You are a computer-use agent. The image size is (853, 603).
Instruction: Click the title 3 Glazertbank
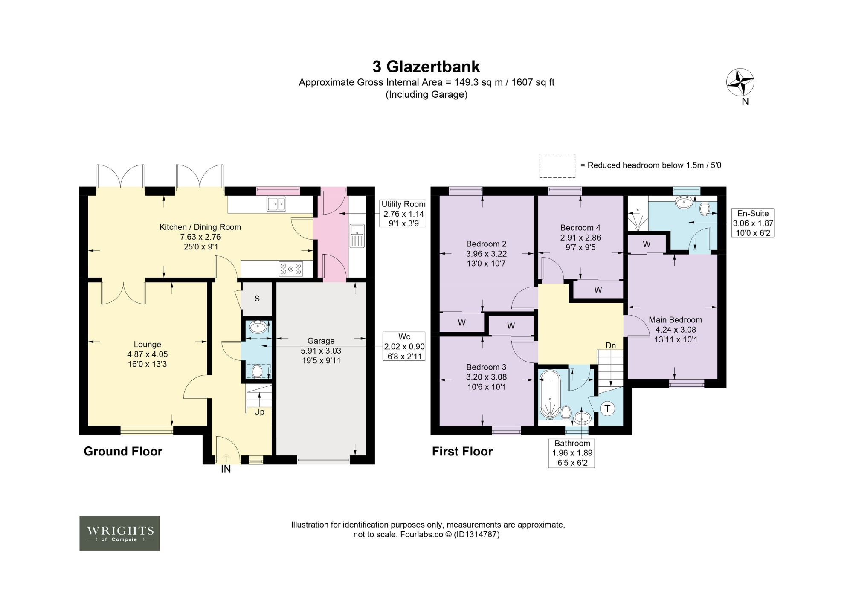[426, 67]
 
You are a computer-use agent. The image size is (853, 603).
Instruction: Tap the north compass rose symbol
[740, 82]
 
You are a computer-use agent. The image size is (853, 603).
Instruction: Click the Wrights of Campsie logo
[119, 533]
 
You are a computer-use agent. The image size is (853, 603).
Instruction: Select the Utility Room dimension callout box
[403, 214]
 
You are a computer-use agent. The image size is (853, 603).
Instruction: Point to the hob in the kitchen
[291, 269]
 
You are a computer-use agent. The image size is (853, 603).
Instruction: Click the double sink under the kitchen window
[276, 204]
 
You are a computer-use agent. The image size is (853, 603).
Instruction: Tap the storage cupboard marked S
[257, 299]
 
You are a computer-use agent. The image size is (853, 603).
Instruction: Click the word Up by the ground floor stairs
[259, 412]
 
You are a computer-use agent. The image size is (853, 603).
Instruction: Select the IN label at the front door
[226, 469]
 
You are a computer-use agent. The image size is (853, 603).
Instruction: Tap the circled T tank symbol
[607, 409]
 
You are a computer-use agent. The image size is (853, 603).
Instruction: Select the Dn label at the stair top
[611, 345]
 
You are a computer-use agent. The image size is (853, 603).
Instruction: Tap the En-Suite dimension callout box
[753, 223]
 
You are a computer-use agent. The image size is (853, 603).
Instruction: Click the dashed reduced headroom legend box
[557, 166]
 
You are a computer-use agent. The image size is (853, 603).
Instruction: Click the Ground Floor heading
[123, 452]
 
